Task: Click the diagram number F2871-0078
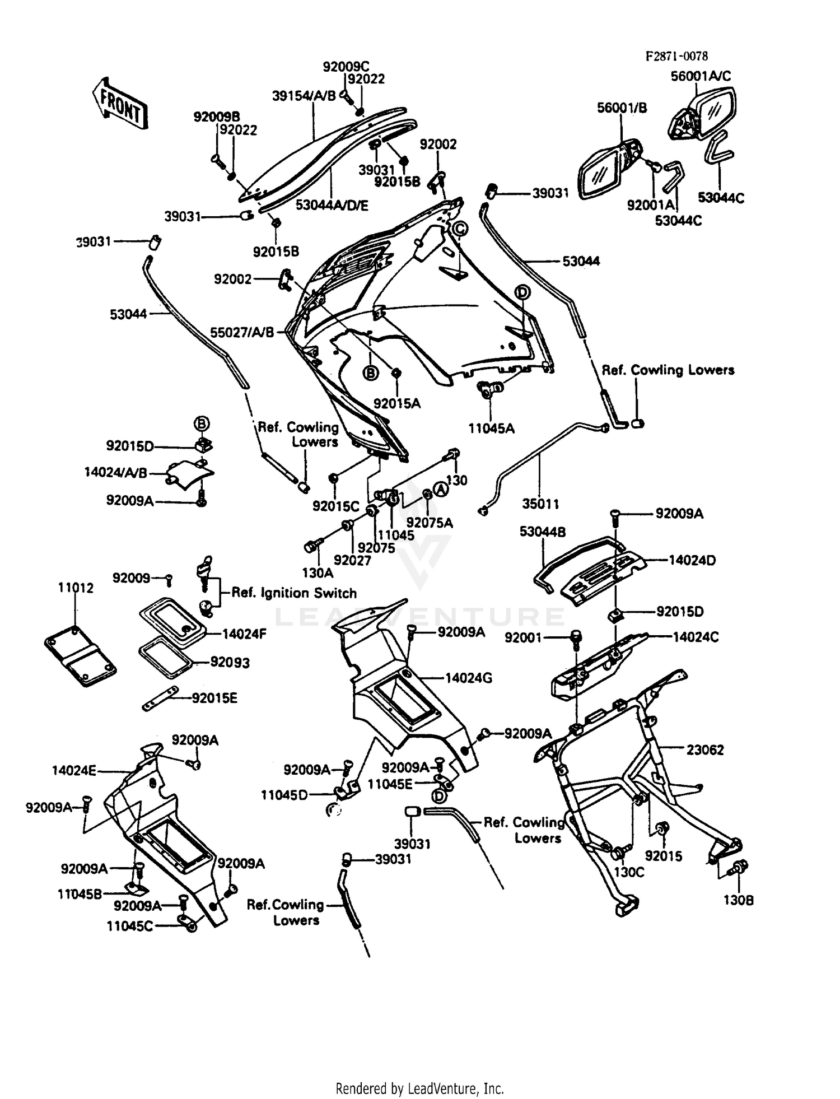point(676,56)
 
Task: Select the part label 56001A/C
point(701,76)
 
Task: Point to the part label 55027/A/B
point(242,332)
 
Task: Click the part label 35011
point(540,504)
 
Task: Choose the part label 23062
point(705,749)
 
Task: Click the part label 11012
point(76,588)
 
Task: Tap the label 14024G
point(469,678)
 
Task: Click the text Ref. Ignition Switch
point(294,593)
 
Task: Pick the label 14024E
point(74,770)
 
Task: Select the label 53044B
point(543,532)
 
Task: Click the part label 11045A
point(492,428)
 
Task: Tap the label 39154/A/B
point(304,96)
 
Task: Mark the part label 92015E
point(214,697)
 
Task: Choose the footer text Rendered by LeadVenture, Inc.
point(419,1088)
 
